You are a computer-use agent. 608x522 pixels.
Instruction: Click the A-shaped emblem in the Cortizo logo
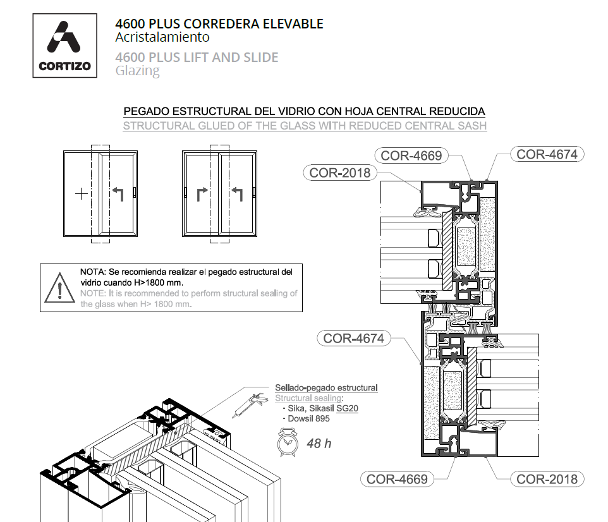point(64,38)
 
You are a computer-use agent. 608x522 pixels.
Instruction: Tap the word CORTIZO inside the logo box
point(64,65)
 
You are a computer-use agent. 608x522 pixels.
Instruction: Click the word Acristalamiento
point(162,37)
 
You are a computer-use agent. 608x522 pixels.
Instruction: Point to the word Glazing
point(137,71)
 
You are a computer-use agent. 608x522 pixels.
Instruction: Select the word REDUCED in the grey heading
point(368,126)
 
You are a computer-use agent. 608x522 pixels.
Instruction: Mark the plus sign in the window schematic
point(81,193)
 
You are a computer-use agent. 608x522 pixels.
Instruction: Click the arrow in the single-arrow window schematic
point(118,193)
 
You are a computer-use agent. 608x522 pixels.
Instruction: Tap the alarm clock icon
point(286,442)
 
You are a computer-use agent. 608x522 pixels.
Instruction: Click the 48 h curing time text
point(319,443)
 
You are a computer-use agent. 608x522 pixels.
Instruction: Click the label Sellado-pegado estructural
point(326,387)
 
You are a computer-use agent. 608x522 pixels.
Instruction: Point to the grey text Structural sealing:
point(308,398)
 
